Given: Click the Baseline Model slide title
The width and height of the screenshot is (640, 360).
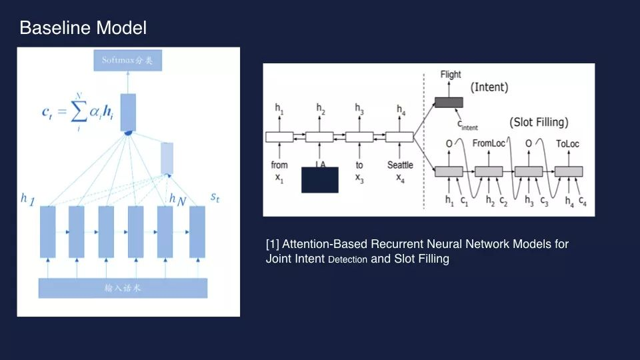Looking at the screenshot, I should pos(83,28).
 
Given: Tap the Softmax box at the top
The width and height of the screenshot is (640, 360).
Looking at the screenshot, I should pos(127,61).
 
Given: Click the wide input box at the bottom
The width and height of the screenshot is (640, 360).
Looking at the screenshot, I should pos(123,288).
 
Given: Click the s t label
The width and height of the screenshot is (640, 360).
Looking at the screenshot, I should pos(216,197).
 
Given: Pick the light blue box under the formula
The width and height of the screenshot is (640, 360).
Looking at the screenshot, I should pos(167,157).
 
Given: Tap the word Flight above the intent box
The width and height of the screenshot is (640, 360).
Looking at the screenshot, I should pos(451,75).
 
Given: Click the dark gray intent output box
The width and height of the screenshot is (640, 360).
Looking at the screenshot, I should pos(449,102).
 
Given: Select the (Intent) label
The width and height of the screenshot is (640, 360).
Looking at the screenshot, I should pos(489,87).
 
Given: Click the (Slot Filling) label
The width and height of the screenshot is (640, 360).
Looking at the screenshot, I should pos(539,123).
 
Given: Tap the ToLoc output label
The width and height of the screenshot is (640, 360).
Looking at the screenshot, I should pos(569,143).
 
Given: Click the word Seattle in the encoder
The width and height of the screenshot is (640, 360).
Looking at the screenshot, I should pos(400,165).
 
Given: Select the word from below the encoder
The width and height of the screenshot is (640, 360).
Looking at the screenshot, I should pos(279,165).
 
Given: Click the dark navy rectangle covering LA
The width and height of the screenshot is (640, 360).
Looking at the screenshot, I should pos(320,180).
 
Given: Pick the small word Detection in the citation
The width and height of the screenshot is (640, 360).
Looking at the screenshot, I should pos(347,260).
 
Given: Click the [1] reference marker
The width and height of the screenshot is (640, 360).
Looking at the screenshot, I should pos(272,244).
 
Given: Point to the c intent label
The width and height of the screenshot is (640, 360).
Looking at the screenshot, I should pos(467,125).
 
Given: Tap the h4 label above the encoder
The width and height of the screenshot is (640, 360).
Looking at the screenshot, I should pos(400,109).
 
